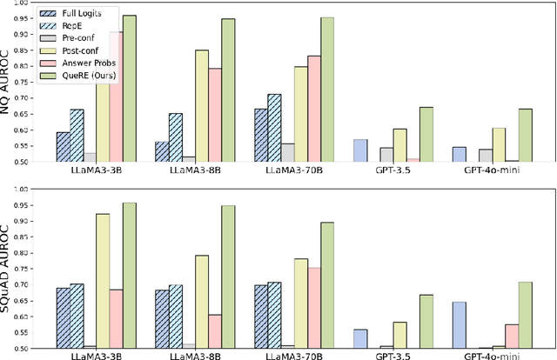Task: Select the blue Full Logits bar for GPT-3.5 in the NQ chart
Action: (x=360, y=150)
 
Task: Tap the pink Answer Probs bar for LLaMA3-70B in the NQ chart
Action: (x=313, y=109)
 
